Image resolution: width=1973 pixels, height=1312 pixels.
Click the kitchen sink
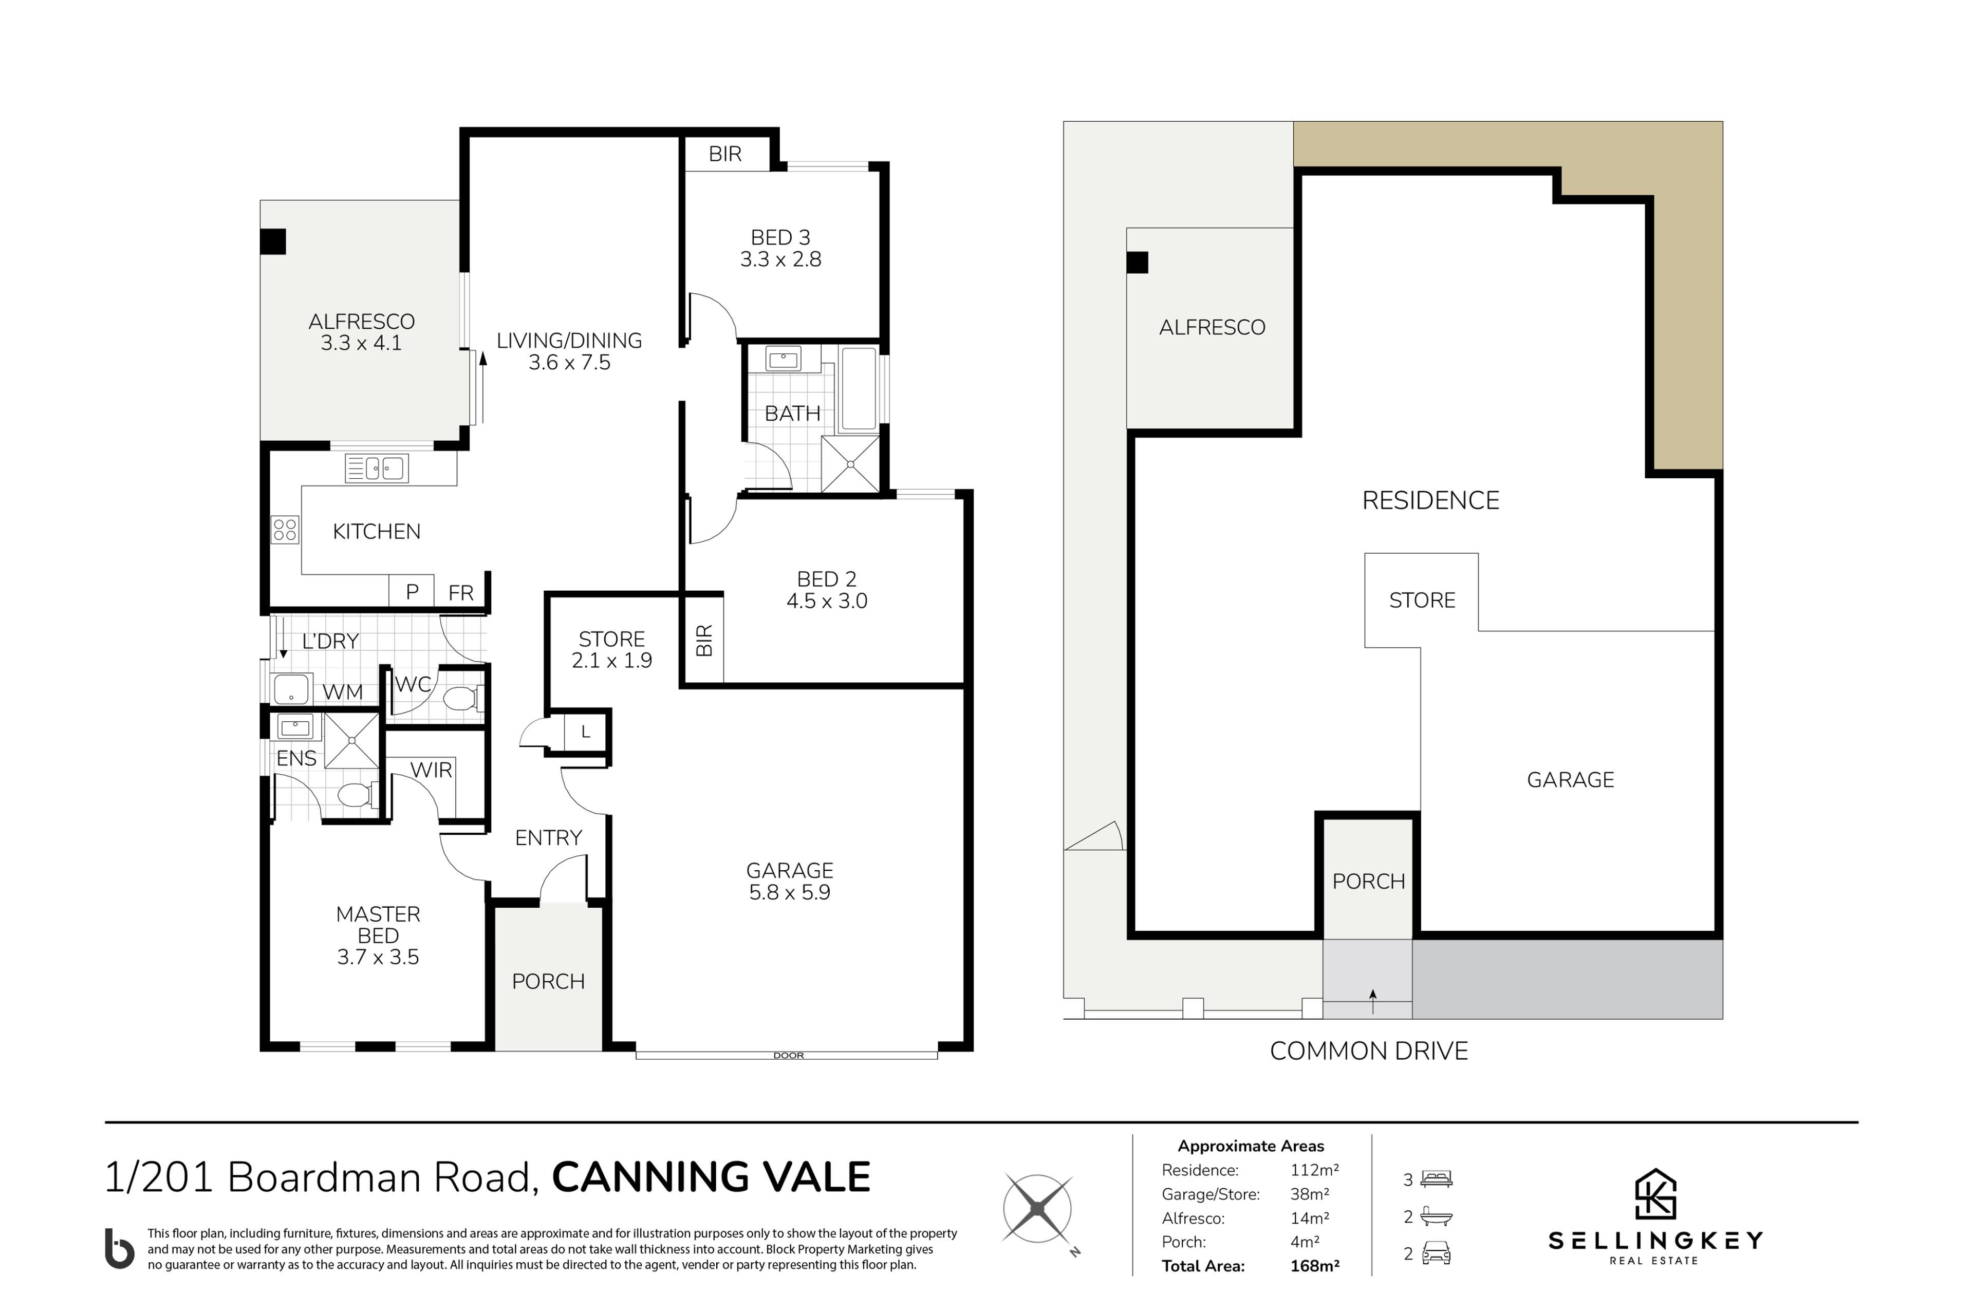[377, 468]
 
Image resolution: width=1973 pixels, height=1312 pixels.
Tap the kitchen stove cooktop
[285, 529]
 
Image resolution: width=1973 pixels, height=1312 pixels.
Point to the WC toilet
[461, 698]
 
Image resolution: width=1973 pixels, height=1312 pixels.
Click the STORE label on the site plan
[1422, 600]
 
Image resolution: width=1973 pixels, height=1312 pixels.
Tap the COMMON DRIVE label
[1368, 1051]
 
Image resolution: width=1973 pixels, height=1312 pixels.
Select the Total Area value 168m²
[1314, 1266]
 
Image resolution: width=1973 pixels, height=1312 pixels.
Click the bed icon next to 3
[1436, 1179]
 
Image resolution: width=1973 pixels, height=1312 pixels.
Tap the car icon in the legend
[1436, 1253]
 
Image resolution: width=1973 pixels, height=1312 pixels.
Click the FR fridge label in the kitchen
[461, 592]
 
